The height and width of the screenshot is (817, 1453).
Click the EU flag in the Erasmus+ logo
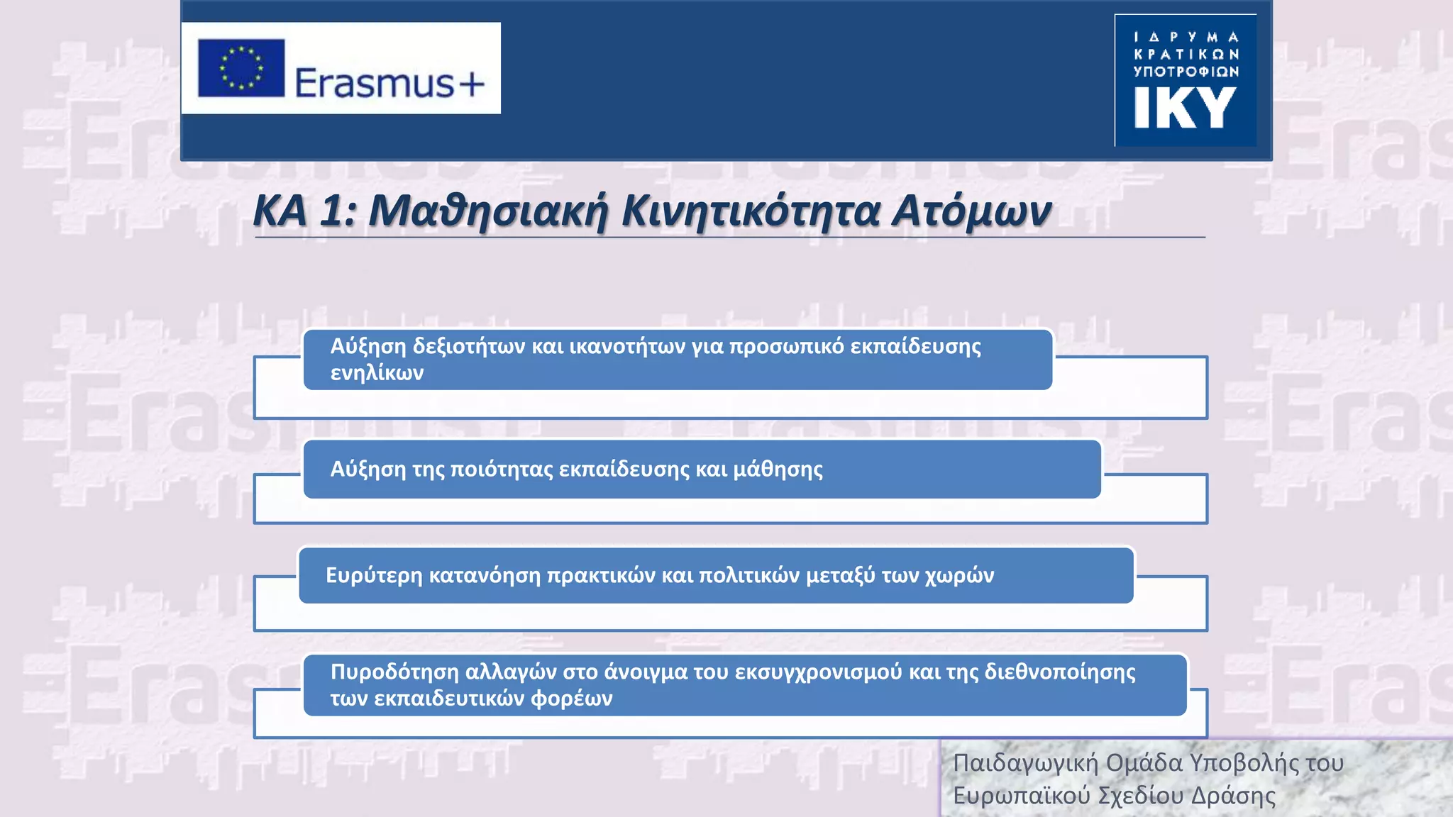pos(241,68)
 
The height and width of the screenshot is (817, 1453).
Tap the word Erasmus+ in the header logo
pos(390,82)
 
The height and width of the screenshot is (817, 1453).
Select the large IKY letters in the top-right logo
pos(1185,108)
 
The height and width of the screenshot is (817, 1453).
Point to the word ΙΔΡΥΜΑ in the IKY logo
pos(1186,37)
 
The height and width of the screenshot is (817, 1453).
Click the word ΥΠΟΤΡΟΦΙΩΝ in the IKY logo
pos(1186,72)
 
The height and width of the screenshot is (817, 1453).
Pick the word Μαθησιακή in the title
pos(488,211)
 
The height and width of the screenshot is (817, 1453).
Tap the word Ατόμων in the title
pos(972,211)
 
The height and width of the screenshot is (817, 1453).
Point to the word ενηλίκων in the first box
pos(377,372)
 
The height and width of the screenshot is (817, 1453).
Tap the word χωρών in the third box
pos(959,575)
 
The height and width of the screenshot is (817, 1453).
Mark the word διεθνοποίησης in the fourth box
pos(1060,672)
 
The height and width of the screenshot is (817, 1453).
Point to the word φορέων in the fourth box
pos(571,699)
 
